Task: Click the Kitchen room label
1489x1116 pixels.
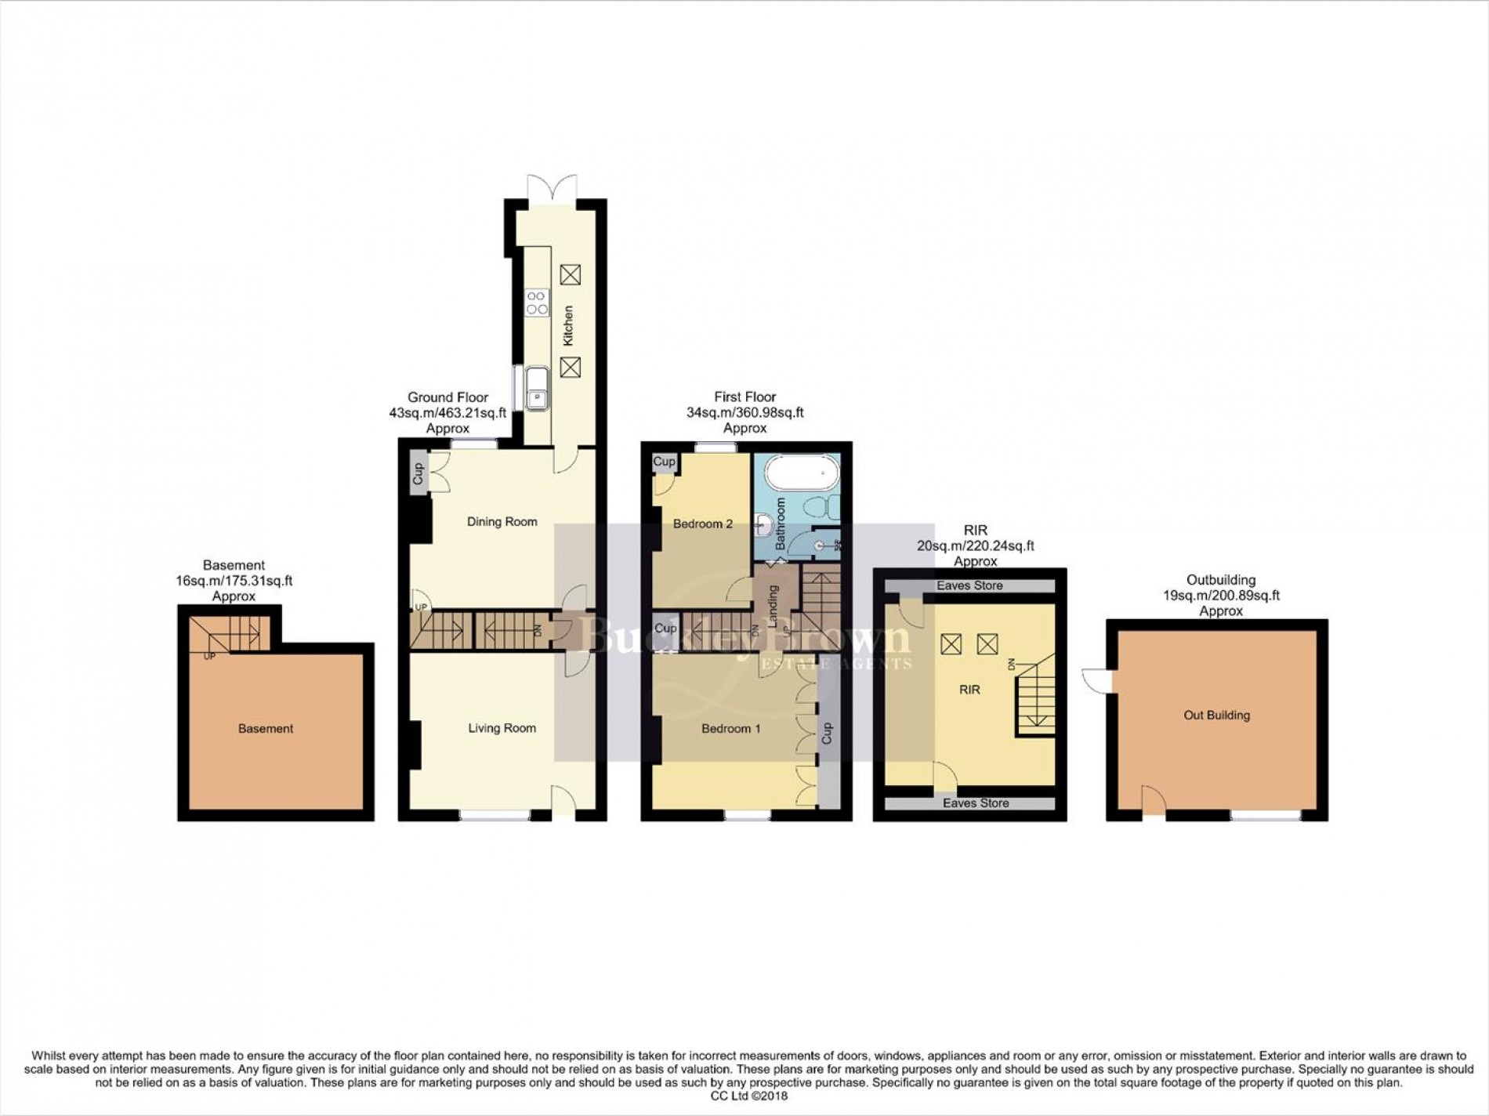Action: point(569,325)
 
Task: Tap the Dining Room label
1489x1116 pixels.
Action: point(502,522)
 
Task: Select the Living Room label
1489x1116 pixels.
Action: point(502,728)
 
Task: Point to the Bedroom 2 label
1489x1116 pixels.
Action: point(703,524)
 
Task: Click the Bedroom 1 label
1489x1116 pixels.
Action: point(730,729)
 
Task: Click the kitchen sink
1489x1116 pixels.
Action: point(538,389)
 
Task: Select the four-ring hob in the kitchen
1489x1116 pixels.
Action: point(538,302)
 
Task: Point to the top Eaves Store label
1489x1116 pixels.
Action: point(970,585)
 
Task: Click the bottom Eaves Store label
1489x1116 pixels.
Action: point(976,803)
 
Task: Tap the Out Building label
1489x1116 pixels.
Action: point(1216,716)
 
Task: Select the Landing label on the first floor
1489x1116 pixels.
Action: point(772,607)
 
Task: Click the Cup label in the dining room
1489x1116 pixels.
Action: point(418,474)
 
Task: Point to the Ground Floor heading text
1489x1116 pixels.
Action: point(447,397)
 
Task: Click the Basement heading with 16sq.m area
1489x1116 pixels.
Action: point(234,581)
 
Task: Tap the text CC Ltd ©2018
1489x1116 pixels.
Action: point(744,1096)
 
